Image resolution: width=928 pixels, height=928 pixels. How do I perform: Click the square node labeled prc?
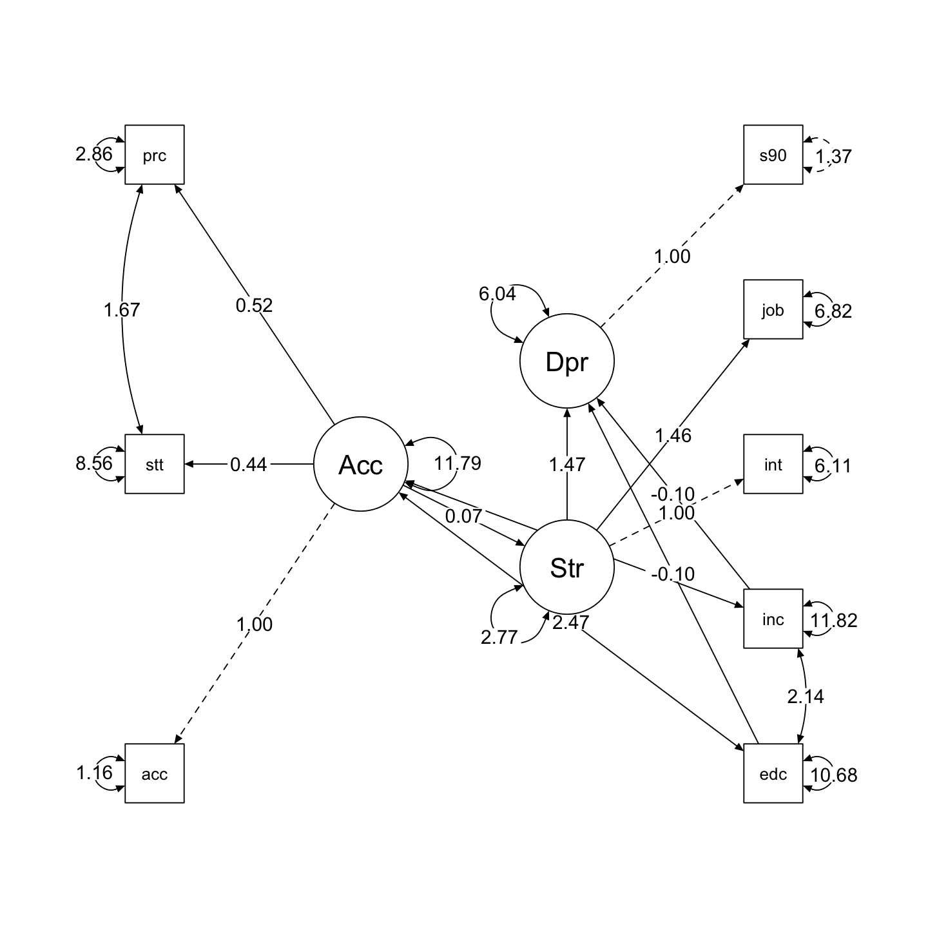[155, 155]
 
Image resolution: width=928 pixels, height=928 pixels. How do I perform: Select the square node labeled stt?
[155, 464]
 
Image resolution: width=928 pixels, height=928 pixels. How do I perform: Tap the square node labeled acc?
[155, 773]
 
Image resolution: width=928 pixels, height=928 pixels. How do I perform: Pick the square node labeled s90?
[773, 155]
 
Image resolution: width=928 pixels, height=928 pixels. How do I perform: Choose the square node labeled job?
[773, 309]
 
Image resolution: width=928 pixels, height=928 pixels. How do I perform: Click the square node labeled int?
[773, 464]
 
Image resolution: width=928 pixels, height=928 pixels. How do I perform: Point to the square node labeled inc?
[773, 619]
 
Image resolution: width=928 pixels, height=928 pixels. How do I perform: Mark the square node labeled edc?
[773, 773]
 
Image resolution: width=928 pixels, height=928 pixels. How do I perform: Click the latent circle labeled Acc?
[361, 464]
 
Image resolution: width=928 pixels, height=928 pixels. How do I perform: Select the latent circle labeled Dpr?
[567, 362]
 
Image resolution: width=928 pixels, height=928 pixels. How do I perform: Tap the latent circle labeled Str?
[567, 568]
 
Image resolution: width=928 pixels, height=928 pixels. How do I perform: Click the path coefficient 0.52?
[254, 305]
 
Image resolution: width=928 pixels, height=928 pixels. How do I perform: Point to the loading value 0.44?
[248, 464]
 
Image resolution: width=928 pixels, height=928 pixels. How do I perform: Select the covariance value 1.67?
[122, 310]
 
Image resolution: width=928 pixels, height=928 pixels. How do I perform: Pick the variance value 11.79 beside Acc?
[458, 463]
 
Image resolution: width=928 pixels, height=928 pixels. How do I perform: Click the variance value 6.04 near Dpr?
[498, 294]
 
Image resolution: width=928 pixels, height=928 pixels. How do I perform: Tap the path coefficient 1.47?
[567, 464]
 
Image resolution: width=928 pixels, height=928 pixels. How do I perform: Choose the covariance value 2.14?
[806, 697]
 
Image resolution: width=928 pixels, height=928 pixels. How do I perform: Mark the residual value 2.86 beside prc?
[94, 154]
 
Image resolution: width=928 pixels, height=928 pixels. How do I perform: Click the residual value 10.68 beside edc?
[834, 775]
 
